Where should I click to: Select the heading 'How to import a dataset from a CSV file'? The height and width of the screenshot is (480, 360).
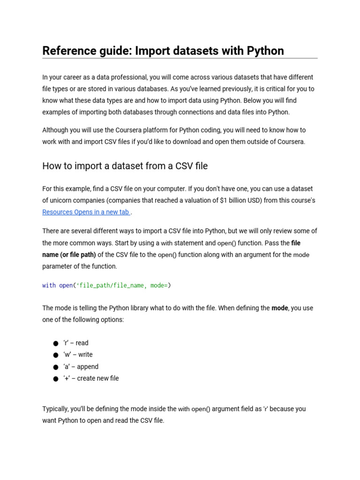pos(125,166)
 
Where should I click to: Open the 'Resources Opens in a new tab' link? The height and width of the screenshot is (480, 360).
pos(86,212)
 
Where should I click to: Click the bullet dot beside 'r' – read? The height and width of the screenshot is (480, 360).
pos(56,344)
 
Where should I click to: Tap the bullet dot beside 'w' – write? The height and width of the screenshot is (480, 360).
pos(56,355)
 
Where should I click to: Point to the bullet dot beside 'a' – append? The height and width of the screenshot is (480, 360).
pos(56,367)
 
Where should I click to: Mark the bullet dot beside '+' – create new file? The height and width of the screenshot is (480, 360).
pos(56,379)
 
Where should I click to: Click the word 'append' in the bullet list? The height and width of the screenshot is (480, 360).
pos(88,367)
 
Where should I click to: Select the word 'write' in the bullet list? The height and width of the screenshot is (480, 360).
pos(85,355)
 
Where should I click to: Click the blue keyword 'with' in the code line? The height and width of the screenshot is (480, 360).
pos(49,285)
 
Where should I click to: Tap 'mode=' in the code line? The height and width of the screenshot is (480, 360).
pos(159,285)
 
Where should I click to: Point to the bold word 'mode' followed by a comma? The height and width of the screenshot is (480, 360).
pos(279,308)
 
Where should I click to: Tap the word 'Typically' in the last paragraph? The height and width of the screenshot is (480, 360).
pos(55,409)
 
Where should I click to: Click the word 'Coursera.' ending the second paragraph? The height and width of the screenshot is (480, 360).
pos(290,142)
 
